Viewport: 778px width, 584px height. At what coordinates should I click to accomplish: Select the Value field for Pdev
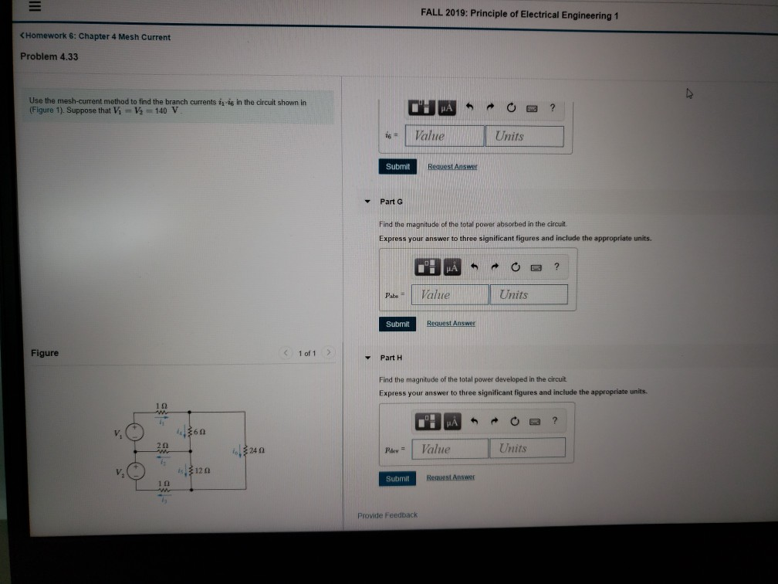(x=450, y=448)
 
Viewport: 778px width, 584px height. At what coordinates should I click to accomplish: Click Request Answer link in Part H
(x=452, y=478)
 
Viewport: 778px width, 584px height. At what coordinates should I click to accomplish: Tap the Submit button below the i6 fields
(x=397, y=166)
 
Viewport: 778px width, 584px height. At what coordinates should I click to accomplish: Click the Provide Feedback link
(x=387, y=514)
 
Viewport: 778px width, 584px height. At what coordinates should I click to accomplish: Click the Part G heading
(x=391, y=202)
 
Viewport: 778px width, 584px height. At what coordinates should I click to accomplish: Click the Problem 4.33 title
(x=49, y=56)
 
